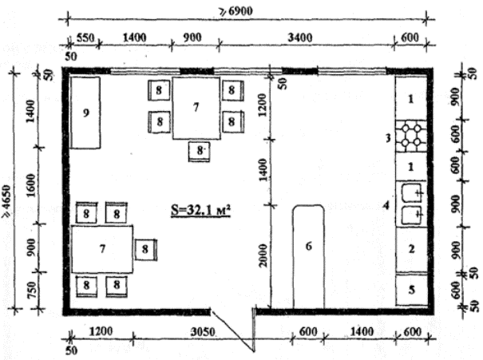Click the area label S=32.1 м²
(x=201, y=211)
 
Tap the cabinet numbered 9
(x=85, y=113)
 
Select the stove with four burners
(x=411, y=136)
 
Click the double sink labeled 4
(x=411, y=204)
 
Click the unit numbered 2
(x=412, y=249)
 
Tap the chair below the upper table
(x=200, y=151)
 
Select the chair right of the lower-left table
(x=146, y=249)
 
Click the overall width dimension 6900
(x=236, y=11)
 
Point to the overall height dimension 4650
(x=6, y=202)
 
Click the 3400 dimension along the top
(x=299, y=38)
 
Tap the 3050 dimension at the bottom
(x=202, y=332)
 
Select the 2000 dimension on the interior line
(x=263, y=255)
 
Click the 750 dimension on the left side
(x=32, y=290)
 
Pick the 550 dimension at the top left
(x=85, y=38)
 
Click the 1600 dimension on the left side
(x=31, y=185)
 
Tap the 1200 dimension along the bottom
(x=101, y=332)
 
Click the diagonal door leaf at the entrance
(x=232, y=330)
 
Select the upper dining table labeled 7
(x=196, y=108)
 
